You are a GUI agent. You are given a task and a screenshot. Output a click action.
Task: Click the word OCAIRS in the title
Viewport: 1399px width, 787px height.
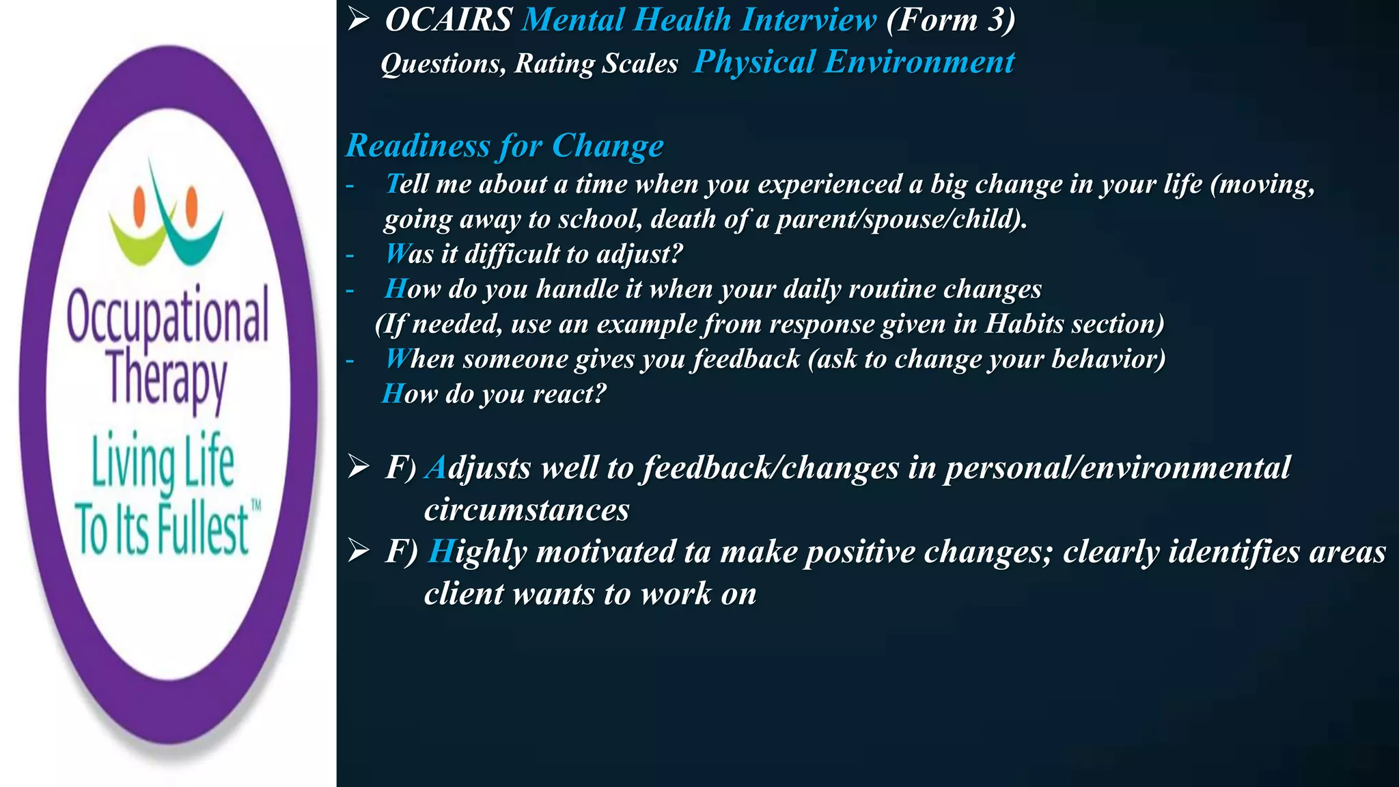(448, 20)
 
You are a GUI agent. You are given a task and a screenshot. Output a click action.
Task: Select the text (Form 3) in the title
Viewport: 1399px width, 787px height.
(950, 20)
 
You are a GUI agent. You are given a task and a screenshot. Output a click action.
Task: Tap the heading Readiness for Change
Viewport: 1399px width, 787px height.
(504, 146)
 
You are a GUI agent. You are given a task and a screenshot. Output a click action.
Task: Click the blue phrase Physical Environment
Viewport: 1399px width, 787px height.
(854, 62)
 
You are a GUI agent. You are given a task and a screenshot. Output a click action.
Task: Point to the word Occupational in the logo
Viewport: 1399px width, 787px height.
(167, 316)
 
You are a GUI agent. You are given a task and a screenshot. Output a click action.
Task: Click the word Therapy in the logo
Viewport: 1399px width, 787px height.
(167, 378)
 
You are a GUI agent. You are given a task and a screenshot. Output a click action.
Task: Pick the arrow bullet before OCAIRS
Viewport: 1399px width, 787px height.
(359, 20)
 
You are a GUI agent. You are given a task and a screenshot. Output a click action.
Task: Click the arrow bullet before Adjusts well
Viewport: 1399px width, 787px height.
(359, 467)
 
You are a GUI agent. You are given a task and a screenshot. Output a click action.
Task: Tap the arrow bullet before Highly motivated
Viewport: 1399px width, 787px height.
(359, 551)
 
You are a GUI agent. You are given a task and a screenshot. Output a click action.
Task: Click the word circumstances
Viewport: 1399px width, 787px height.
(527, 510)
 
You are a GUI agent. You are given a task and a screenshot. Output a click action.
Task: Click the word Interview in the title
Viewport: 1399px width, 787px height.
(809, 20)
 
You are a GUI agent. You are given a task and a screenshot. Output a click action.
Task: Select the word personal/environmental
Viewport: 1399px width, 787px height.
(1118, 468)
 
